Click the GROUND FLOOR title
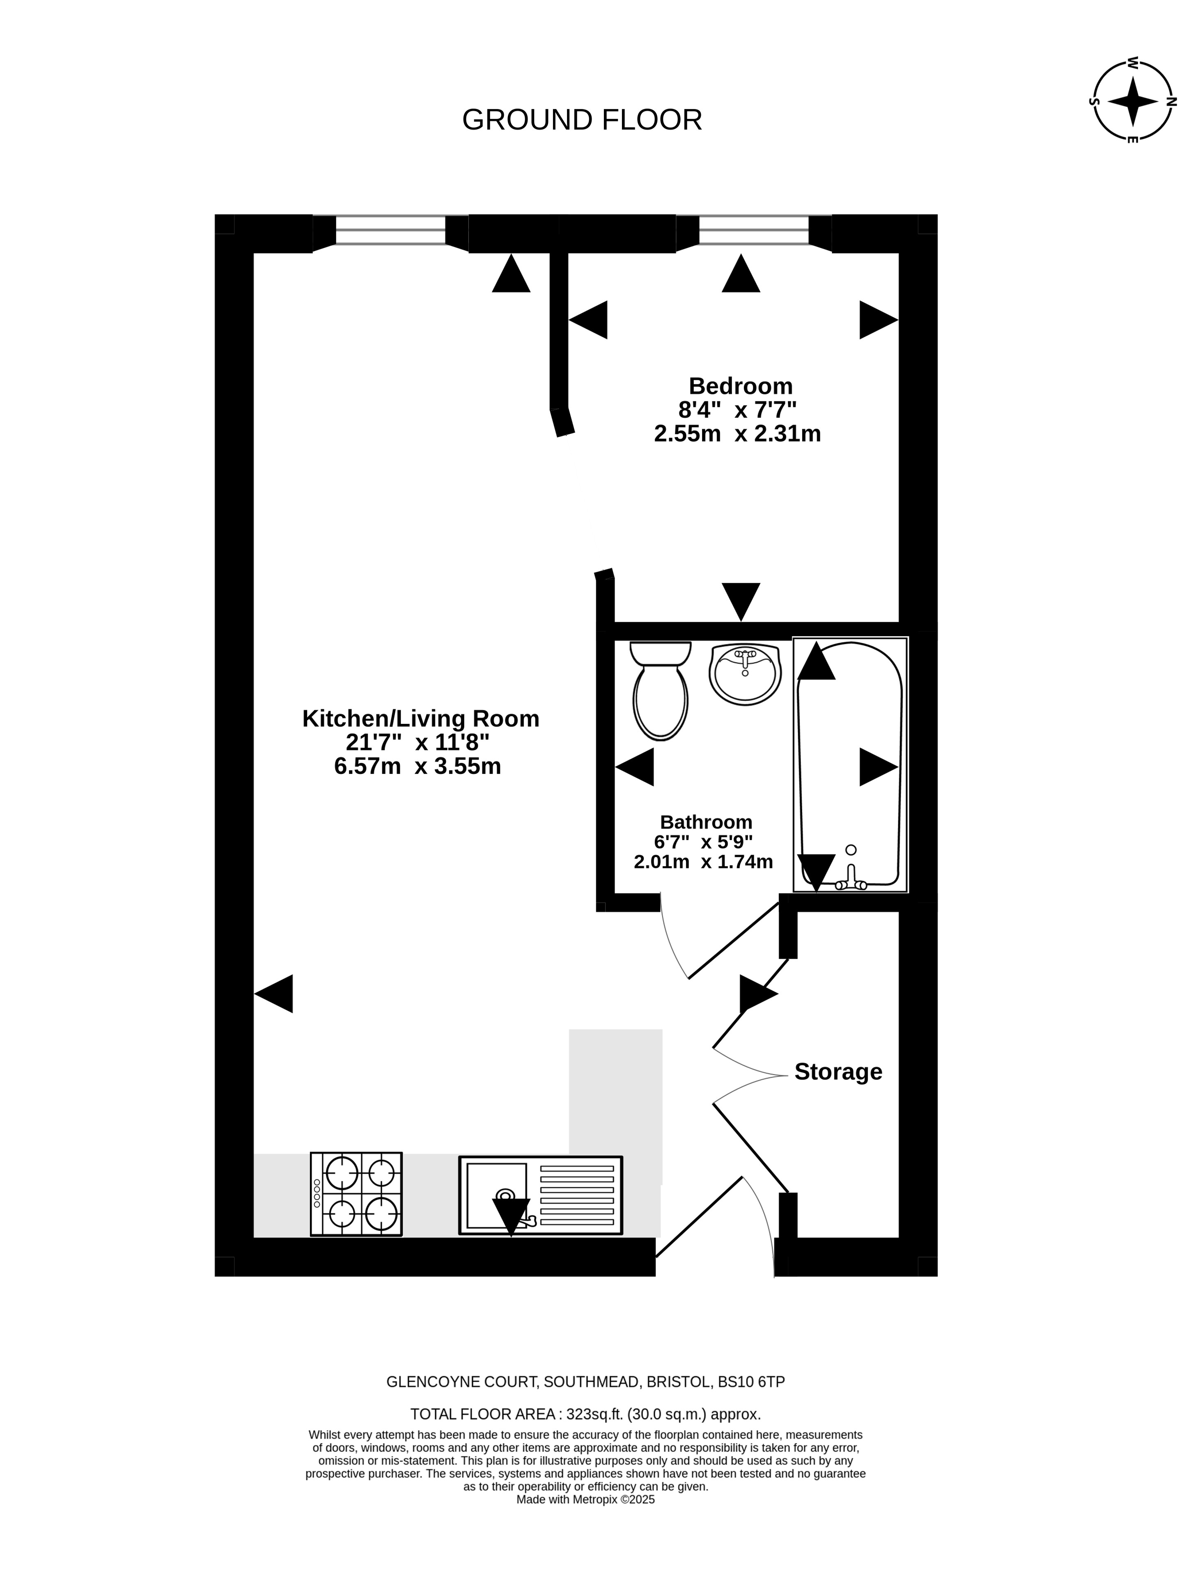coord(582,120)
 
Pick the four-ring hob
coord(356,1194)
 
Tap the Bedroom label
coord(740,386)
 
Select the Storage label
coord(838,1071)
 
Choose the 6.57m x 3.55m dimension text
coord(418,766)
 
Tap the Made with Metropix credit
coord(585,1500)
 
